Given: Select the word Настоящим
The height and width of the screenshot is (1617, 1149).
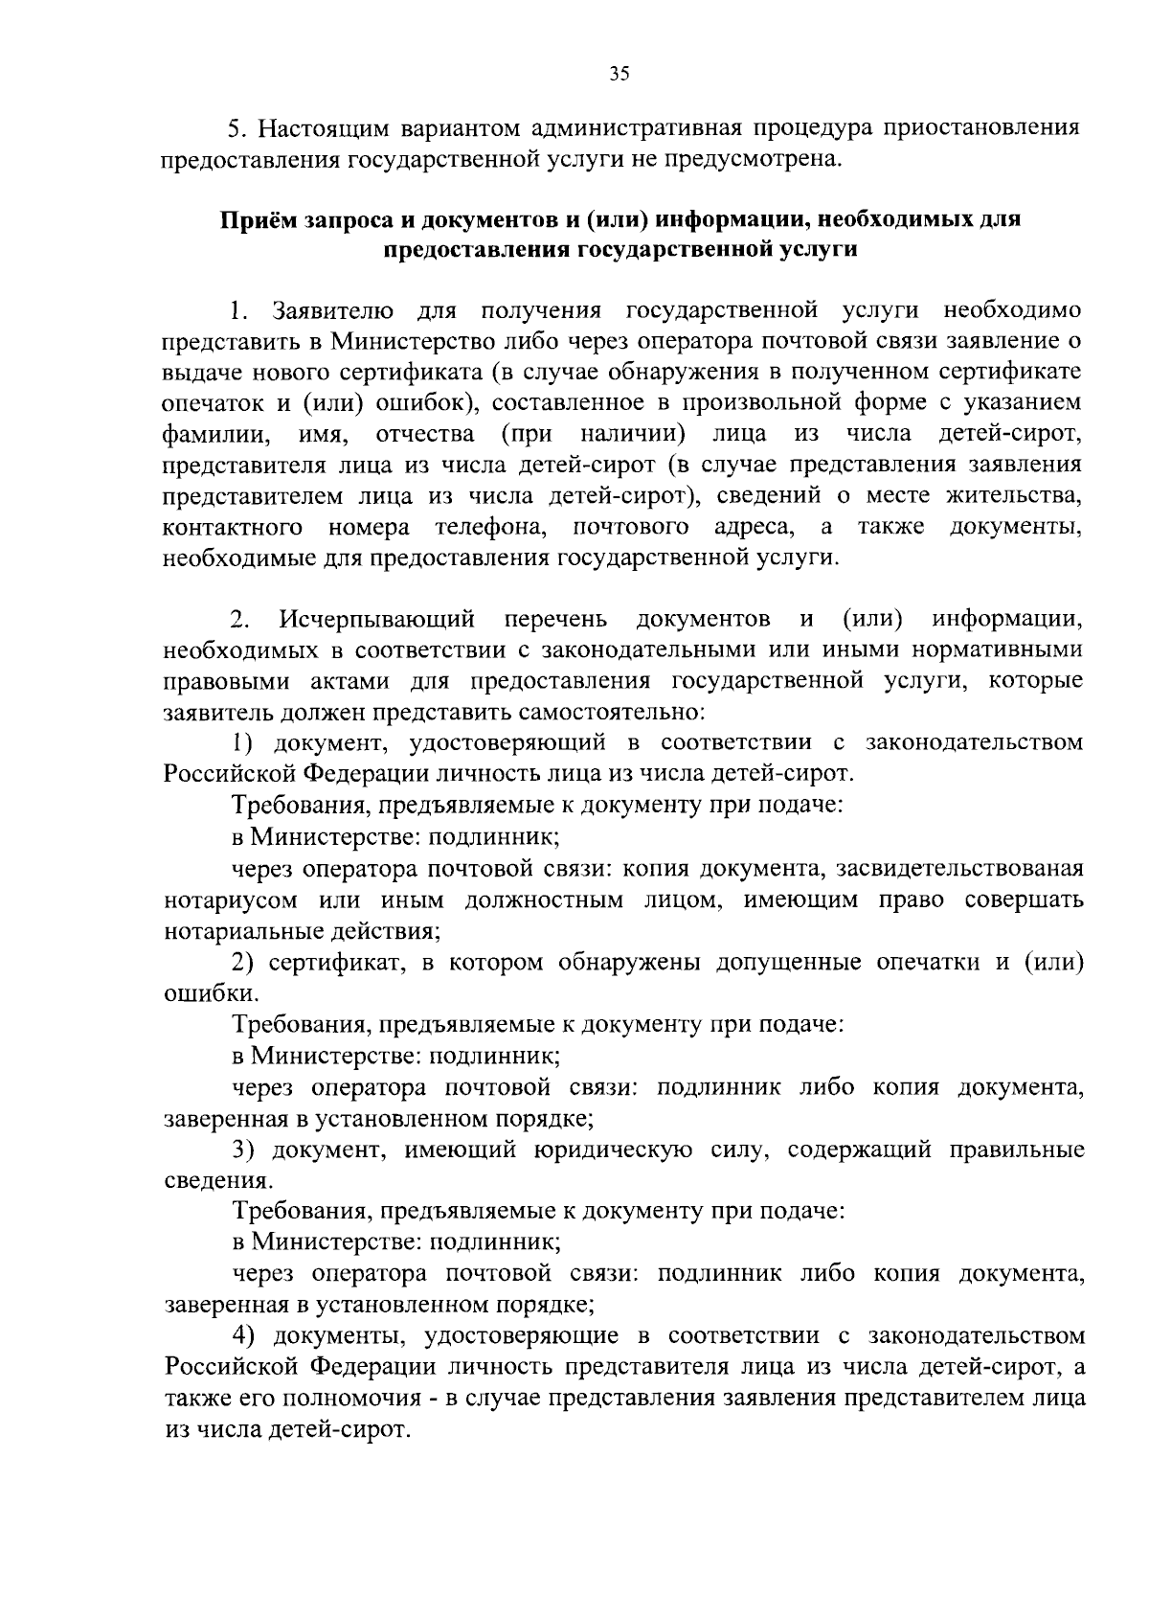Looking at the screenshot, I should point(324,127).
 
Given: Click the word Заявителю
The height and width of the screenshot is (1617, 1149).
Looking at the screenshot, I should point(333,310).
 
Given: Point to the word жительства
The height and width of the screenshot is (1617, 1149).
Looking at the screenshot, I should point(1014,496).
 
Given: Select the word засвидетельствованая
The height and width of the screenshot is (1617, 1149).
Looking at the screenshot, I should point(959,869).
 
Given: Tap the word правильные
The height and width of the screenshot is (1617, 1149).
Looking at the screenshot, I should point(1017,1150).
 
